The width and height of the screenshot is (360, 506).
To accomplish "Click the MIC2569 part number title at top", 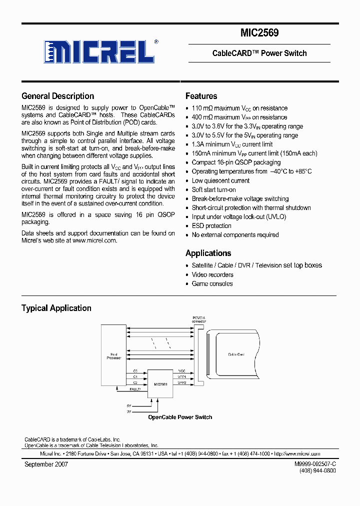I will click(x=259, y=33).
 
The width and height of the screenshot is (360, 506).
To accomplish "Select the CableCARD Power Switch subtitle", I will click(x=259, y=53).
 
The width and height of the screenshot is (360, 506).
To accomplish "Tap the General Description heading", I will click(x=57, y=96).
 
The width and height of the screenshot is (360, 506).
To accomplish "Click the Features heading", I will click(x=201, y=96).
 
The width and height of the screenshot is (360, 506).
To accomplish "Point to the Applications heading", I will click(x=208, y=253).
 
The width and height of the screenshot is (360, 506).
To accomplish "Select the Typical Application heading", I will click(x=56, y=308).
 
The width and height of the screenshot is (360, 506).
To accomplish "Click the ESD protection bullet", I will click(x=212, y=226).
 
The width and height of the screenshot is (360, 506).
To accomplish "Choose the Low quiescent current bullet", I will click(x=220, y=180).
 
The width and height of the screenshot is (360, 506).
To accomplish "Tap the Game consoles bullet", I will click(x=212, y=283).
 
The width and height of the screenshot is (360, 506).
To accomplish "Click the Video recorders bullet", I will click(x=212, y=274).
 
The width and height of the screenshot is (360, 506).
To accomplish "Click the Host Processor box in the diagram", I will click(x=113, y=356).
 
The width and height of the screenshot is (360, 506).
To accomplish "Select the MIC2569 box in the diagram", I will click(x=160, y=383).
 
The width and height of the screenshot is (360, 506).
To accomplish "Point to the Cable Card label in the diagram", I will click(x=236, y=354).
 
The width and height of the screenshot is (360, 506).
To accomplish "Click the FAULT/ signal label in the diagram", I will click(x=135, y=388).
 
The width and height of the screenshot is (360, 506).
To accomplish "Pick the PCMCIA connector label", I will click(x=199, y=319).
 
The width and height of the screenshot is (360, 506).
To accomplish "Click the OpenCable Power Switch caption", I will click(x=180, y=417).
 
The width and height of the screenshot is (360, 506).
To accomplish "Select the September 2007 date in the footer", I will click(x=46, y=464).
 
